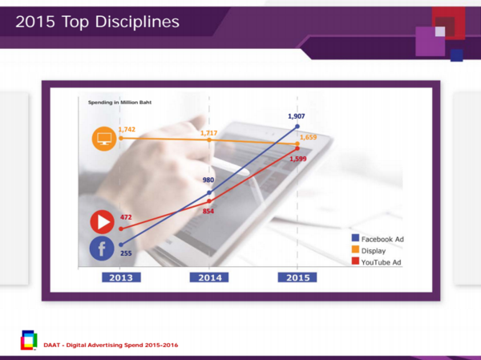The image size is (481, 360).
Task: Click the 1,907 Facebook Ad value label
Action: click(297, 116)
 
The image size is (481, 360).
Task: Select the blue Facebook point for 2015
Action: click(297, 127)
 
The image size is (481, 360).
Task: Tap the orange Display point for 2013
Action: click(121, 139)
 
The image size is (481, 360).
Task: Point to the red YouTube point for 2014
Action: click(209, 201)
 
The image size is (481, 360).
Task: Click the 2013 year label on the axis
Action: click(121, 277)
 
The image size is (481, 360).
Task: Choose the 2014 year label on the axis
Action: click(209, 277)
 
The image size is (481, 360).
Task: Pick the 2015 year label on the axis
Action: click(297, 277)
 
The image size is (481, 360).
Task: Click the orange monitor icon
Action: click(104, 139)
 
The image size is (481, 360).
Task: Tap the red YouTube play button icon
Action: click(103, 222)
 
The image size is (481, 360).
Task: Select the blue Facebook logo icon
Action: click(102, 249)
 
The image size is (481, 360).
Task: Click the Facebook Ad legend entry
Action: click(378, 239)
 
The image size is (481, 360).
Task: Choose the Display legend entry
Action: click(369, 250)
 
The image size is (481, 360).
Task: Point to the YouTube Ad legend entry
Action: click(377, 262)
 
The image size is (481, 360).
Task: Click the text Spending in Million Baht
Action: click(120, 103)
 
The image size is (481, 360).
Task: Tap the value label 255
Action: click(126, 253)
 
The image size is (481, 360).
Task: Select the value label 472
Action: click(126, 217)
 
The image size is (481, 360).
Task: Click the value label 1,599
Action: click(298, 159)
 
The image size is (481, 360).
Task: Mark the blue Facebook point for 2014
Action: click(209, 192)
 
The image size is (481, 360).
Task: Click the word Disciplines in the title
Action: click(137, 22)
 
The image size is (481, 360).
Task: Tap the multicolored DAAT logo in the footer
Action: click(29, 340)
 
